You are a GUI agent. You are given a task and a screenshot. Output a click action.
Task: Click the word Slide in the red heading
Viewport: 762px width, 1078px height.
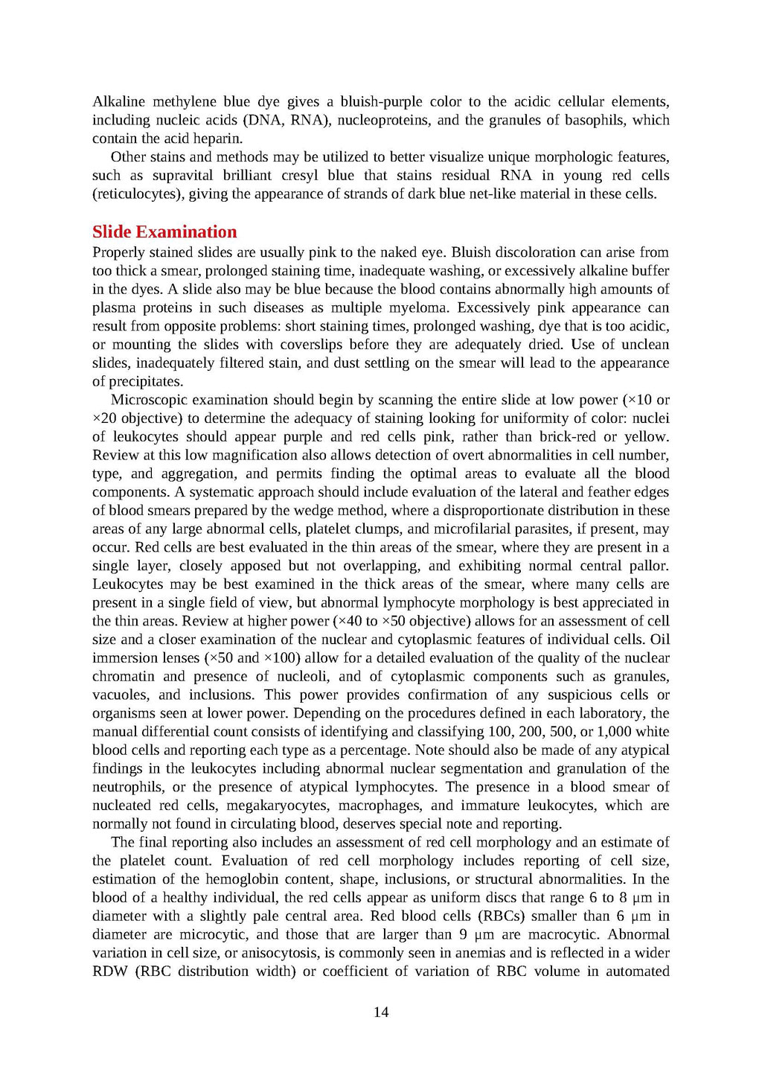click(112, 232)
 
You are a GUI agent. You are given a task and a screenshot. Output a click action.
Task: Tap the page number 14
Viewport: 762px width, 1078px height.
click(381, 1012)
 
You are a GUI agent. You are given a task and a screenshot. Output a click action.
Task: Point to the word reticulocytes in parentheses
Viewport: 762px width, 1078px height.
click(138, 194)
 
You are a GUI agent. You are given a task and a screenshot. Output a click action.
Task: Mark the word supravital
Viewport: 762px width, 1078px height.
click(182, 176)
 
